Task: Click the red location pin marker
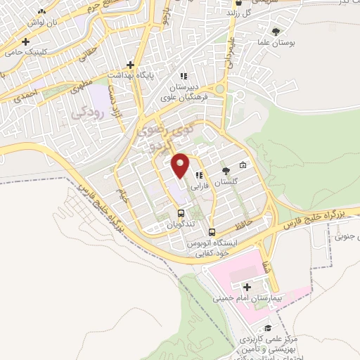[180, 165]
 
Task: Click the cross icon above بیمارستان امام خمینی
[247, 287]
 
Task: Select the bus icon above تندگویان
[181, 213]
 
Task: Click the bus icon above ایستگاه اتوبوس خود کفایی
[212, 231]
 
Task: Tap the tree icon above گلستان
[225, 171]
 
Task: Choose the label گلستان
[226, 181]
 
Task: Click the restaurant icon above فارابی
[200, 176]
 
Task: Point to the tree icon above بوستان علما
[276, 31]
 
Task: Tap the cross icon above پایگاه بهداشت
[111, 73]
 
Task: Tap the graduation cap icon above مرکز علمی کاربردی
[267, 328]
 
